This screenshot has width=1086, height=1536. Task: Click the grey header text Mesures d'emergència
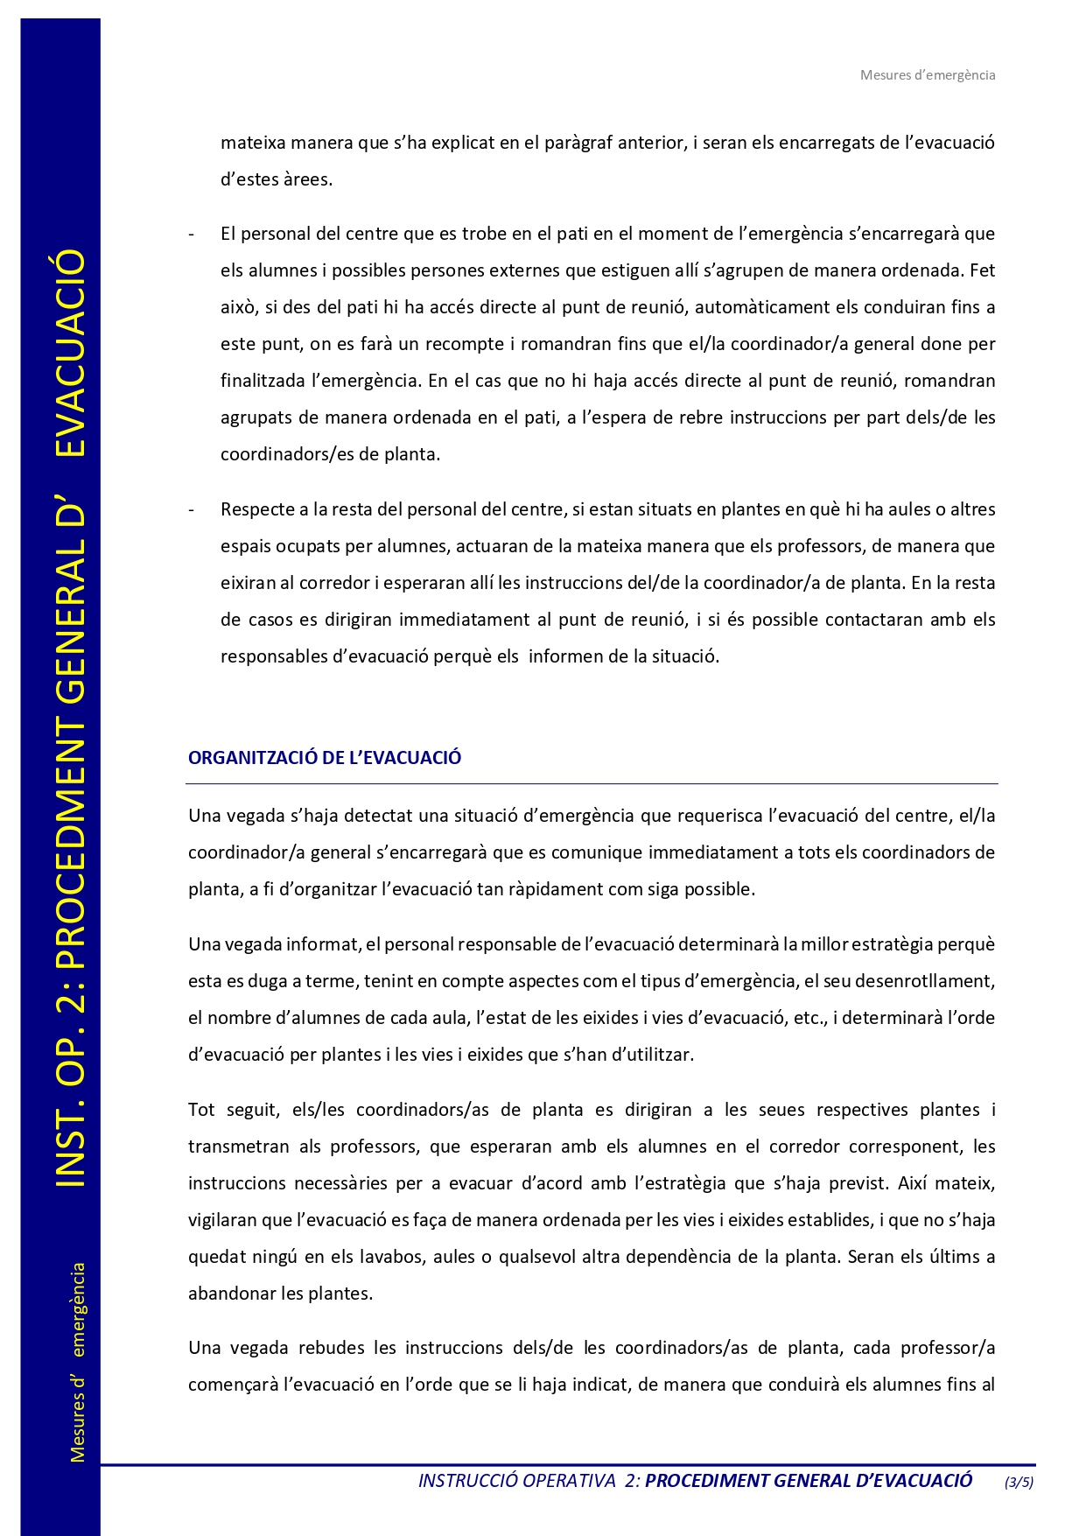pos(927,75)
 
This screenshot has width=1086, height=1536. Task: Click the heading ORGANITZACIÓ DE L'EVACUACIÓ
pos(325,758)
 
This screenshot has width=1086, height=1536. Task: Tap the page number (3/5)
pos(1019,1482)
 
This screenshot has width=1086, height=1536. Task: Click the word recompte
pos(465,344)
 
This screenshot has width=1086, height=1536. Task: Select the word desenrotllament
pos(925,981)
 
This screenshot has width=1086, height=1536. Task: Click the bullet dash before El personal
pos(192,235)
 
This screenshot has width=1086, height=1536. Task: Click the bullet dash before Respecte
pos(192,510)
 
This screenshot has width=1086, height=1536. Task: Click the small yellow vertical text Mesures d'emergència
pos(78,1361)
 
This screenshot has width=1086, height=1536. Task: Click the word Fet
pos(982,270)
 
